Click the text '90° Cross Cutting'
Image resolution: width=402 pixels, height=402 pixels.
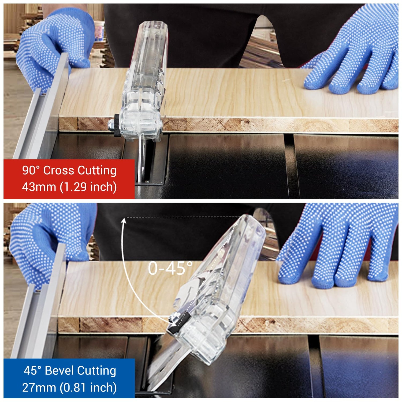click(x=69, y=170)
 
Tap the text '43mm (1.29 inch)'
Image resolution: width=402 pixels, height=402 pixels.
click(x=69, y=187)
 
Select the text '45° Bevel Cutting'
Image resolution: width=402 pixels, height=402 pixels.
click(x=70, y=371)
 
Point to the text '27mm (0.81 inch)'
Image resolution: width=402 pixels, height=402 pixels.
click(x=69, y=388)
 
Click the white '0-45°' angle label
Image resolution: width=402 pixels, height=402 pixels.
click(x=170, y=268)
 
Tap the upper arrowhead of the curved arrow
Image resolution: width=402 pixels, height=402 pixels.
click(x=124, y=221)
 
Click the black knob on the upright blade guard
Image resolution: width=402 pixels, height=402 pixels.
click(x=117, y=125)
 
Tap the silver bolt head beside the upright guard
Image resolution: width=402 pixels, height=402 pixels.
click(x=111, y=125)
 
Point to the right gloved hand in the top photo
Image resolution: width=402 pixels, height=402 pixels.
click(x=354, y=54)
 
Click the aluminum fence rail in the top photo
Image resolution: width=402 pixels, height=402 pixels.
click(x=40, y=107)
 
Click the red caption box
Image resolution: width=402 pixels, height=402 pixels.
click(x=69, y=179)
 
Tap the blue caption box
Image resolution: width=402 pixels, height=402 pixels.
click(x=69, y=379)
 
